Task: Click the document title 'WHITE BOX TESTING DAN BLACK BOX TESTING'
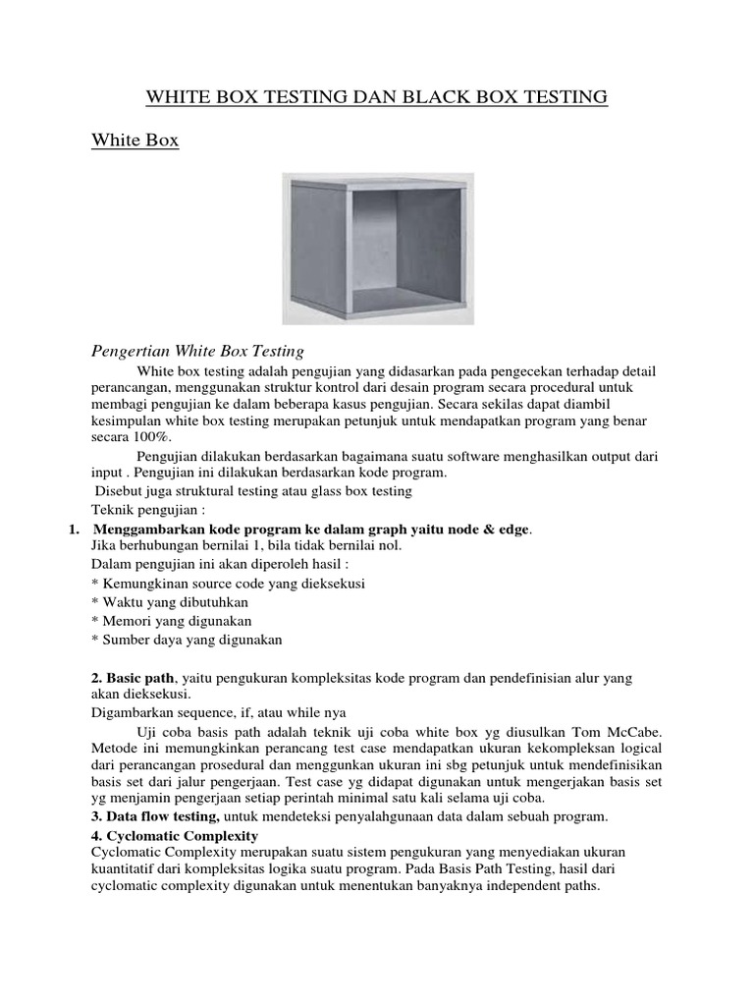click(x=377, y=96)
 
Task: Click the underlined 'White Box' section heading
click(x=135, y=140)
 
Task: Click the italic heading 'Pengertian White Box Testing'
click(x=197, y=351)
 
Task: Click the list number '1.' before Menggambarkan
click(x=74, y=530)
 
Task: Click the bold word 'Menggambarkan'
click(x=141, y=530)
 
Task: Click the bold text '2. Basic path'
click(x=133, y=678)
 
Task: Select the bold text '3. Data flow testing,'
click(x=155, y=816)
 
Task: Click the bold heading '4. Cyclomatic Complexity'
click(x=174, y=836)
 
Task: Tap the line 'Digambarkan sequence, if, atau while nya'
click(x=218, y=712)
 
